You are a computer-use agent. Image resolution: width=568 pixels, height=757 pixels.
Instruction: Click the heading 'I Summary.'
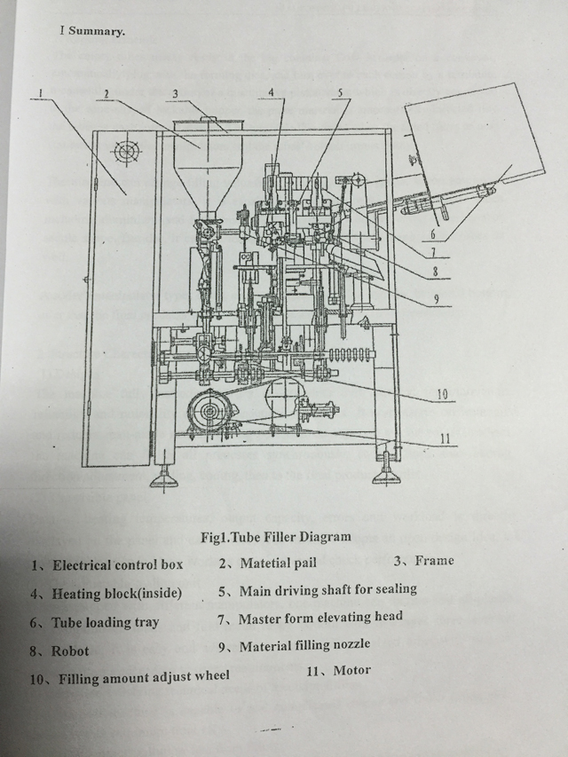(92, 30)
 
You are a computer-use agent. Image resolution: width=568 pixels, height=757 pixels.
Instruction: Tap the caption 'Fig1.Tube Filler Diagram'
(276, 537)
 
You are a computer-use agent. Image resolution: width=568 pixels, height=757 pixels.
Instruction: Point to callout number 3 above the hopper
(176, 93)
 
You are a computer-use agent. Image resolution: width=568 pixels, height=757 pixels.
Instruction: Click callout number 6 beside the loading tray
(432, 234)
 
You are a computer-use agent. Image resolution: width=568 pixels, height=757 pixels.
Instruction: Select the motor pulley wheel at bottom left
(209, 412)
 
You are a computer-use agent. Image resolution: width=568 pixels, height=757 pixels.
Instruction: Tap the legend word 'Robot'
(70, 651)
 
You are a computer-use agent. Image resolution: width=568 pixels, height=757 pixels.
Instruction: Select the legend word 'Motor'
(351, 670)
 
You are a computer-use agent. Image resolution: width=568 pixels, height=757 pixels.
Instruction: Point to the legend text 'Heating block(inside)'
(116, 593)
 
